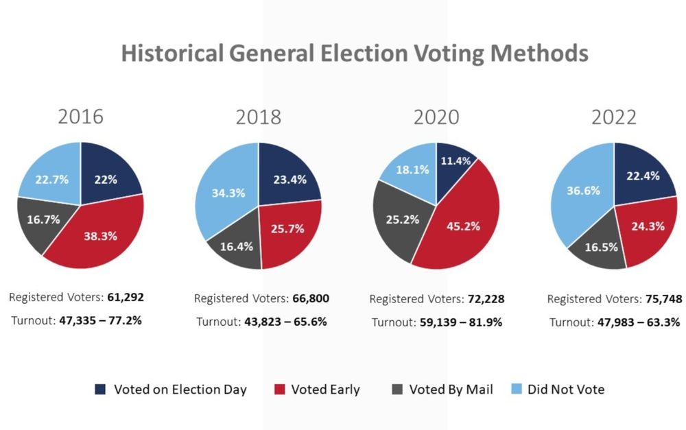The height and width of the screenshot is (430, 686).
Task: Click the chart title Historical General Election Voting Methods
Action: point(355,53)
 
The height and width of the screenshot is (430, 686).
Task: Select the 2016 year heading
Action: point(80,116)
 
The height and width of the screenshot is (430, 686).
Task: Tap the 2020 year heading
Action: point(436,117)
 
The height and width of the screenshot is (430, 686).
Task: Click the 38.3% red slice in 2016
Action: point(99,235)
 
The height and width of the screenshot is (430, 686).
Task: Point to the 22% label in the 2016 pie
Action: point(106,180)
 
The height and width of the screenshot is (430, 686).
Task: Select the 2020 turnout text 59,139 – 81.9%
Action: point(460,322)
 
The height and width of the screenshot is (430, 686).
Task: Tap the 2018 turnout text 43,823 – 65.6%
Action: point(285,322)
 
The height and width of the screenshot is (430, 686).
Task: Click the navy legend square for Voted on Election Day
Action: point(100,390)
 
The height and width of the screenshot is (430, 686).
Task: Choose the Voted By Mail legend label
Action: point(451,390)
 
